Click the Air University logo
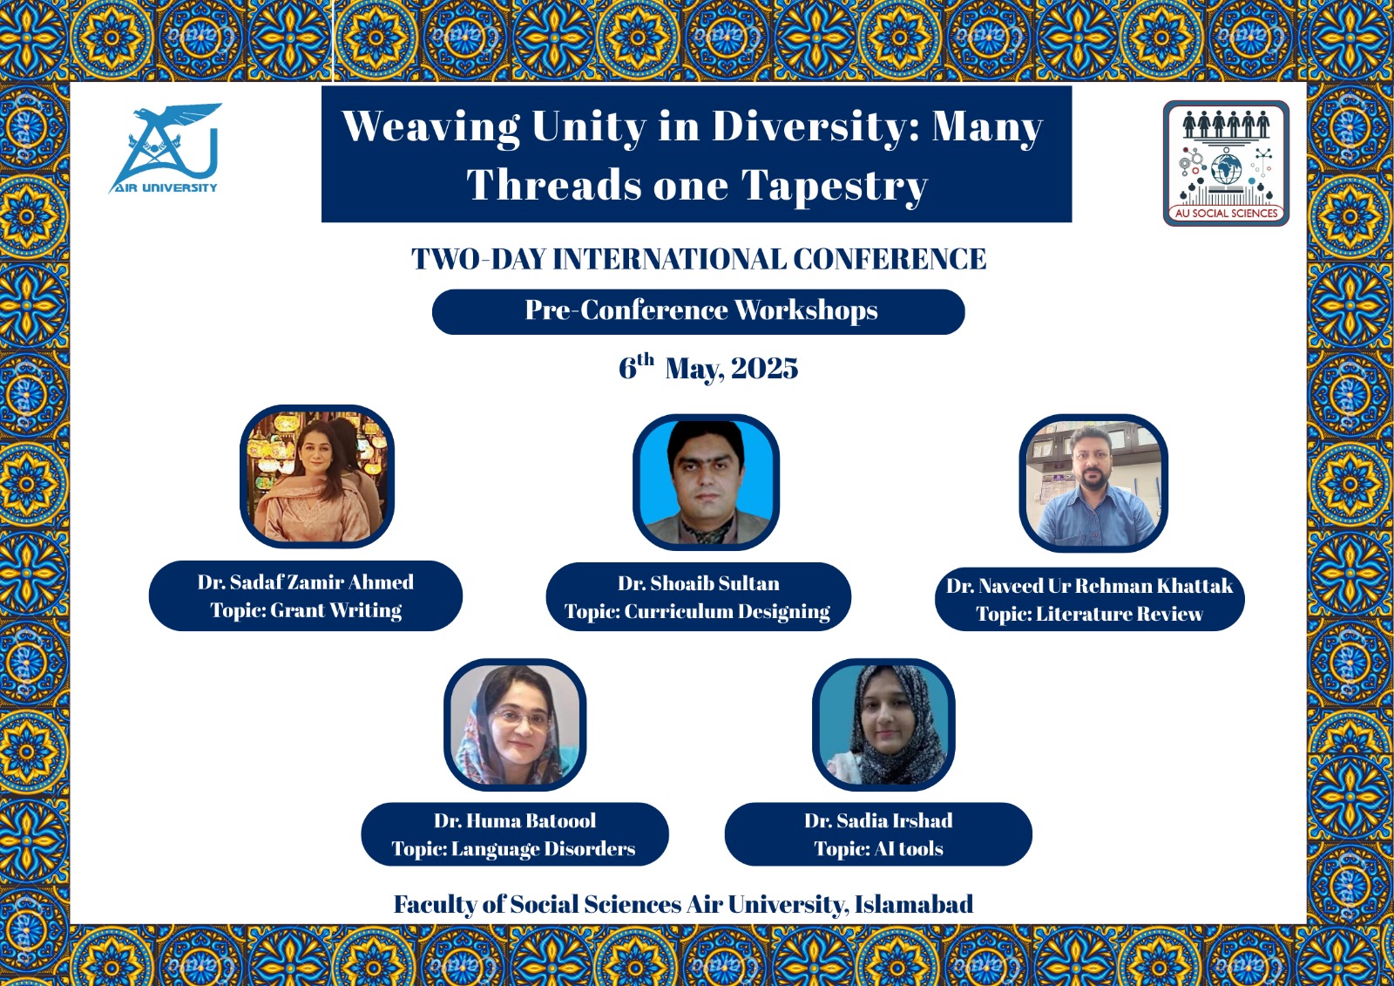click(x=165, y=148)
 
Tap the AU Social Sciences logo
click(x=1226, y=163)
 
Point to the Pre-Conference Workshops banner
click(x=698, y=311)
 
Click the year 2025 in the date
click(x=764, y=369)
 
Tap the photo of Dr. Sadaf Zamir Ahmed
click(x=317, y=477)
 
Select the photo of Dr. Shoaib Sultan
click(x=706, y=482)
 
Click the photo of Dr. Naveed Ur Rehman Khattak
click(x=1093, y=483)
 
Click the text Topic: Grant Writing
click(x=306, y=610)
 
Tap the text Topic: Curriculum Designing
click(x=697, y=612)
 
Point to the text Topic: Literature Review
click(x=1089, y=614)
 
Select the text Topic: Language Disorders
click(x=513, y=849)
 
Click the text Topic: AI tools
click(x=879, y=849)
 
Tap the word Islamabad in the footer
click(x=914, y=904)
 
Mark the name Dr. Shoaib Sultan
click(x=698, y=583)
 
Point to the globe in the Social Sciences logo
click(x=1226, y=169)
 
